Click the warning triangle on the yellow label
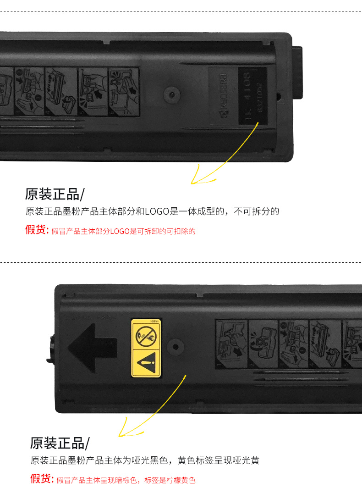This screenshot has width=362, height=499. point(146,363)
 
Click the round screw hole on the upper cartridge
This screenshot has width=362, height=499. point(172,94)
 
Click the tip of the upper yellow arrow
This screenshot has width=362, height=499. point(192,183)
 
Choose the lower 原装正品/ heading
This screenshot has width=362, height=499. point(60,444)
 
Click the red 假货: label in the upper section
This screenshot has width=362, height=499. point(37,230)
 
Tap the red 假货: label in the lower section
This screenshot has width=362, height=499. point(42,479)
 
